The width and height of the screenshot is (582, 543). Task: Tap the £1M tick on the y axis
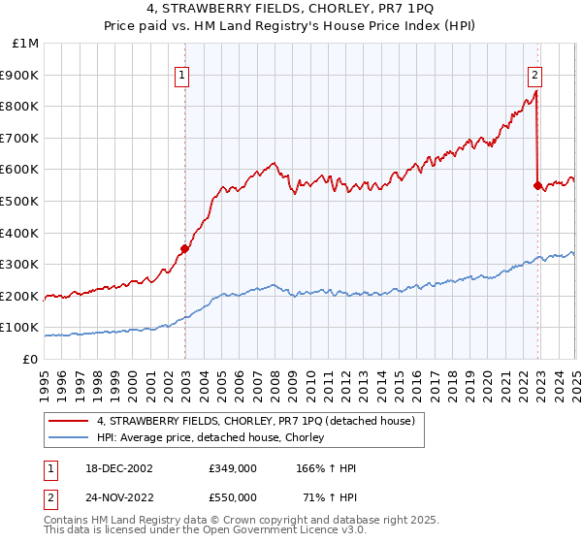click(26, 44)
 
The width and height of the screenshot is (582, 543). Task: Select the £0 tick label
click(31, 359)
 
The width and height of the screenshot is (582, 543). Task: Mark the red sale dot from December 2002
click(184, 248)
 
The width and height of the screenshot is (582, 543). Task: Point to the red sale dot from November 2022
click(537, 185)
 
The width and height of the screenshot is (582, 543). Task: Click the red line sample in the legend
click(69, 421)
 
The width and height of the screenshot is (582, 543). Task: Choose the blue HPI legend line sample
click(69, 438)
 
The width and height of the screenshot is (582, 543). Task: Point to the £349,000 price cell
click(232, 468)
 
